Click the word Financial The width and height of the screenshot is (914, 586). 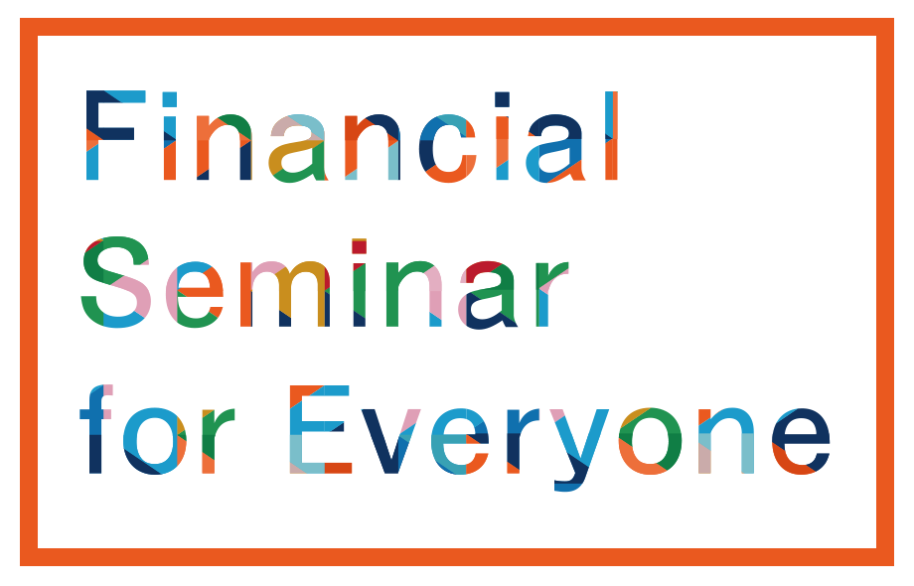pos(352,136)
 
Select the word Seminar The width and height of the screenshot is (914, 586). pos(325,282)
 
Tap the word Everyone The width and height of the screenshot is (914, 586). pos(560,438)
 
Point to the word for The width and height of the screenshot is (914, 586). pos(157,429)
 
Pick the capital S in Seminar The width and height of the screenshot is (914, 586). pos(116,282)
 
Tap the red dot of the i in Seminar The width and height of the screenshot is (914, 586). pos(359,246)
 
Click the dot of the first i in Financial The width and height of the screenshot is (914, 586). pos(170,99)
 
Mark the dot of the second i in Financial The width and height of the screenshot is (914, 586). pos(502,99)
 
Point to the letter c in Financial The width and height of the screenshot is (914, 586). pos(447,148)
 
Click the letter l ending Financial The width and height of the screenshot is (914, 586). pos(611,136)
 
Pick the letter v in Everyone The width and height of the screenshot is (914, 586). pos(391,442)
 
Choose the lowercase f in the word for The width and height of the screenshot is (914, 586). pos(95,429)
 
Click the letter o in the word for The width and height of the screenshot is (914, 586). pos(154,441)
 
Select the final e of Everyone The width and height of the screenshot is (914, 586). pos(801,441)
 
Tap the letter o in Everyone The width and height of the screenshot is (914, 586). pos(651,441)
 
